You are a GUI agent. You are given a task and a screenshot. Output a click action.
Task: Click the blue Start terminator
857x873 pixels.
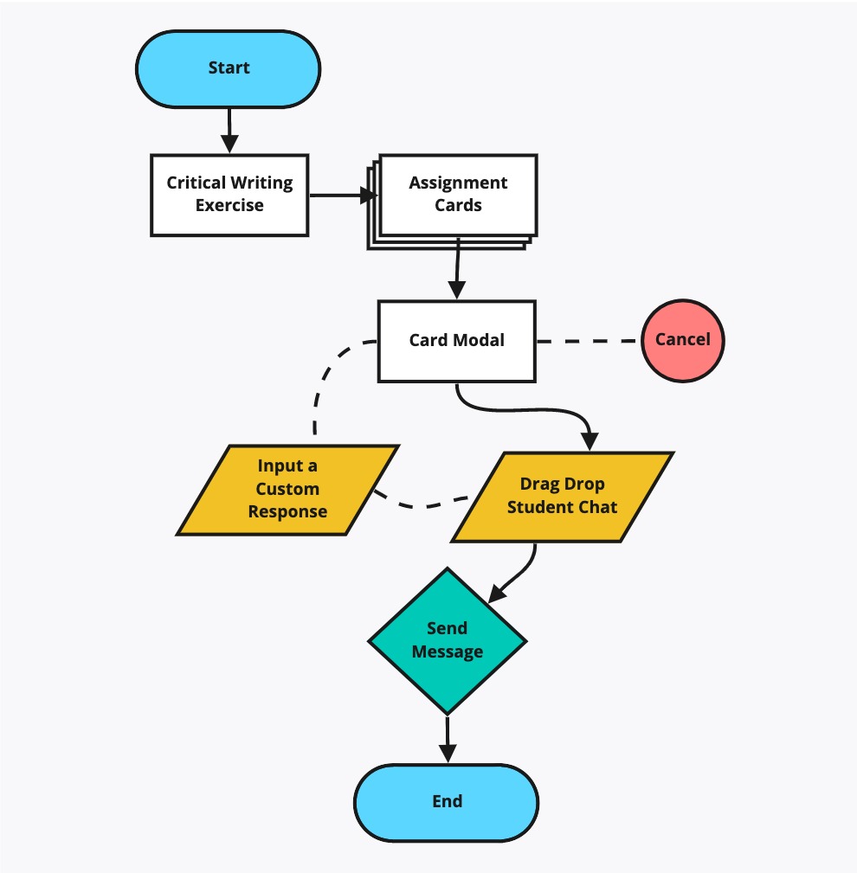click(229, 68)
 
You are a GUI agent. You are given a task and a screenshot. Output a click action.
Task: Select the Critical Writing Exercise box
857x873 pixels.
click(229, 195)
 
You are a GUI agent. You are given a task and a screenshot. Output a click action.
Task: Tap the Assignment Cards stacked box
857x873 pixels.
click(453, 201)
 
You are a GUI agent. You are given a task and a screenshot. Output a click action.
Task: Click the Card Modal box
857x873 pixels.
click(457, 341)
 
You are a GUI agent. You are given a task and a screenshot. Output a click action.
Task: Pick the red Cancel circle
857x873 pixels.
click(683, 341)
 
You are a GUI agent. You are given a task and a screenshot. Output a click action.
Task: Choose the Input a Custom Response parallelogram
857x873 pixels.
click(287, 490)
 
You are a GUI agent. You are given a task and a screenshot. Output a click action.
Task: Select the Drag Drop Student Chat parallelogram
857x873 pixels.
click(562, 497)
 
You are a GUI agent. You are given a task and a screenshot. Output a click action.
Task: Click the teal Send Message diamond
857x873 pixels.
click(448, 641)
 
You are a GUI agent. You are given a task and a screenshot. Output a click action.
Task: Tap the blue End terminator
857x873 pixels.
click(447, 802)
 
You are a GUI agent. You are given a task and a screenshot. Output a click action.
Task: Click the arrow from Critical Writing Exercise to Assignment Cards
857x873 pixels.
click(344, 196)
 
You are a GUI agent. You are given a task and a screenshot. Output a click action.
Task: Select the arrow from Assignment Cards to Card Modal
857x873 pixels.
click(457, 268)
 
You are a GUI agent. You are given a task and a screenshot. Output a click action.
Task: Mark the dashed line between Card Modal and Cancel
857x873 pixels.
click(589, 341)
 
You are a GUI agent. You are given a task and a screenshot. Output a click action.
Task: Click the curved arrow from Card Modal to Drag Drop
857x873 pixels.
click(523, 410)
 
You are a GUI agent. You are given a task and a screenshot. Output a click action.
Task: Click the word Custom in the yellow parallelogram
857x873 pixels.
click(287, 489)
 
